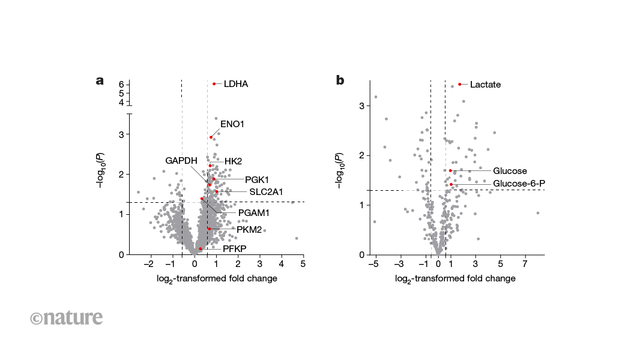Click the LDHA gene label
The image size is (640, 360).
[235, 84]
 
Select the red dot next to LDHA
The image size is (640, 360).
[214, 83]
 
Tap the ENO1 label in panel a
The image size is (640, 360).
[232, 124]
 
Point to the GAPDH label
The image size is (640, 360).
[181, 161]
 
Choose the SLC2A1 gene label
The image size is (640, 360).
[266, 192]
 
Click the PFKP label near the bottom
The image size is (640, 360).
[235, 248]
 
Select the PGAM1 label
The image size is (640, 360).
[254, 212]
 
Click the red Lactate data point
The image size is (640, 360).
[460, 84]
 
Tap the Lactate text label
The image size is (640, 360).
[485, 85]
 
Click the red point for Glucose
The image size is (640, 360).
[450, 170]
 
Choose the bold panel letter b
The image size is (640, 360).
[340, 80]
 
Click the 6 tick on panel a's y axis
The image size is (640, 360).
[121, 85]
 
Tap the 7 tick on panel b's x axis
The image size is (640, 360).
[525, 265]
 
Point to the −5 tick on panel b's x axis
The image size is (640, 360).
[375, 265]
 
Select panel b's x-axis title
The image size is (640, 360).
[455, 279]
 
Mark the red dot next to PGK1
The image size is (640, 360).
[213, 179]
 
